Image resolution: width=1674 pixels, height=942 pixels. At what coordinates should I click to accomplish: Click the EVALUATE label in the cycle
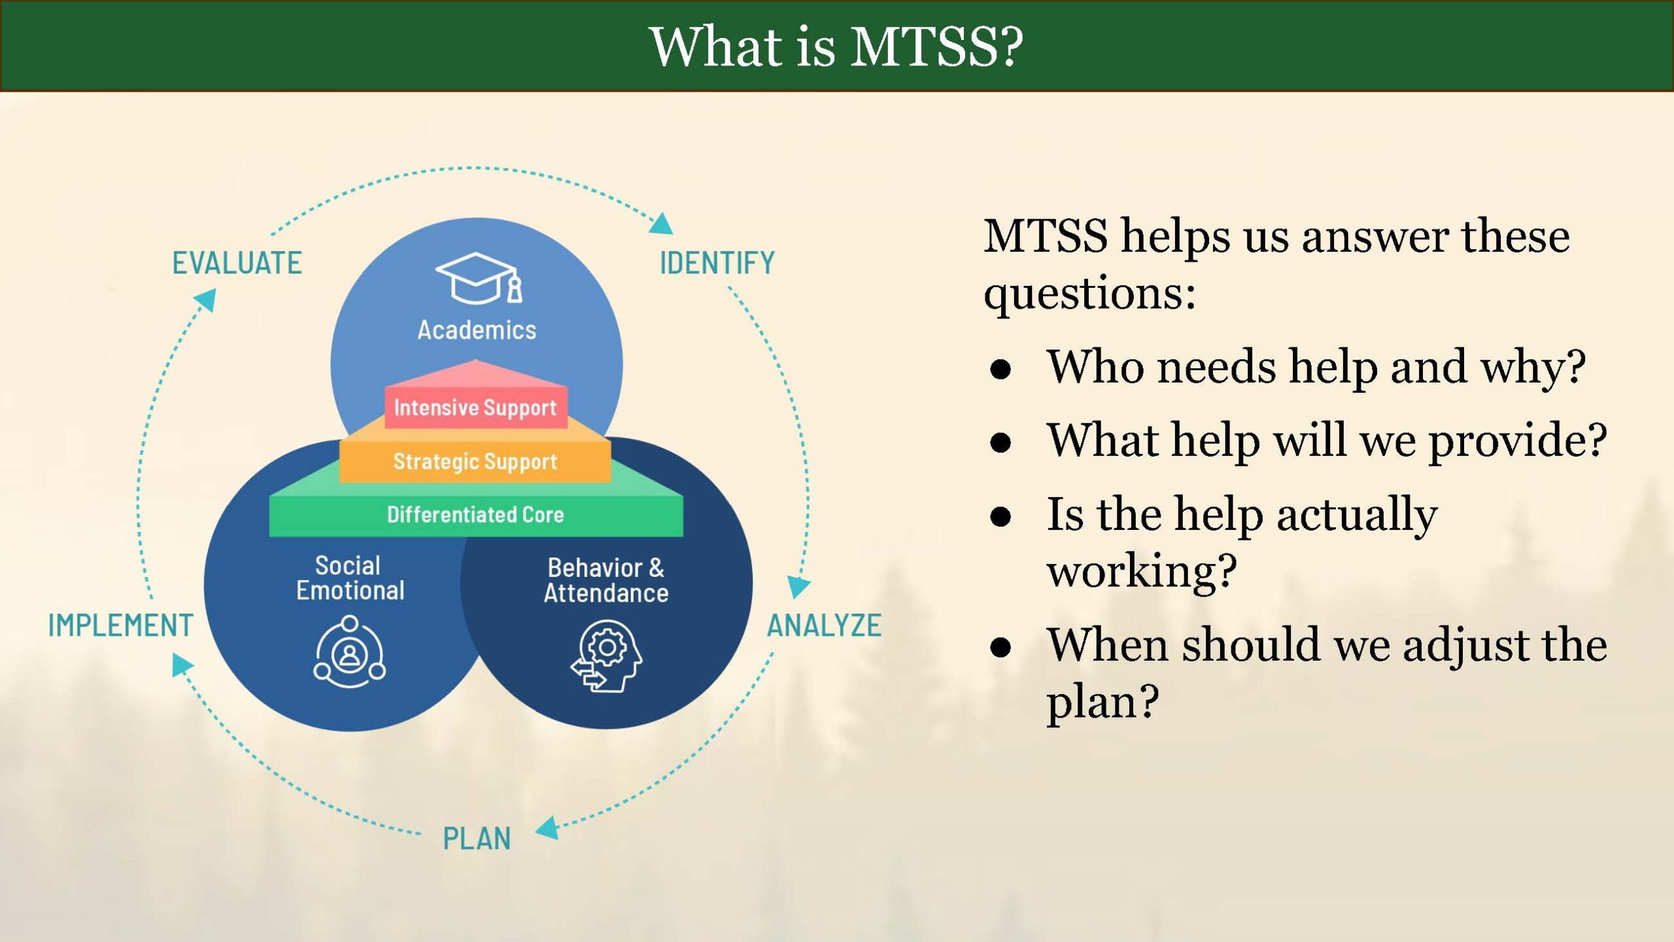(237, 263)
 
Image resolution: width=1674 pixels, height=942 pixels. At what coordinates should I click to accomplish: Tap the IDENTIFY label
(717, 263)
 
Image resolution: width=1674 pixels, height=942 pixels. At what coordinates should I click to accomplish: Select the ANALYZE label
(824, 625)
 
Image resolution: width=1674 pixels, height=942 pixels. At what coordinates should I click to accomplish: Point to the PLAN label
(477, 839)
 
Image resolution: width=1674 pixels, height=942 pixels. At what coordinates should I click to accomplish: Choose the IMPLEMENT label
(121, 625)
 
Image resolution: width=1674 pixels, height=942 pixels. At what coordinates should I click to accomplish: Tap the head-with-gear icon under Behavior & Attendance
(607, 656)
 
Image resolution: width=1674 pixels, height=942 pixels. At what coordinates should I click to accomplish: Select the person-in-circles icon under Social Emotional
(350, 652)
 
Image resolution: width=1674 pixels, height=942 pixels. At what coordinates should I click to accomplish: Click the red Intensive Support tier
(475, 408)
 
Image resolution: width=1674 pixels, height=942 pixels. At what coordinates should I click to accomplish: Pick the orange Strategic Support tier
(475, 461)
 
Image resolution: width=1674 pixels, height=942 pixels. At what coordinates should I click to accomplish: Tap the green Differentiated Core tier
(475, 515)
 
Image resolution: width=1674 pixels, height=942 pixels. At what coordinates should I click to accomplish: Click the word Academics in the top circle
(477, 330)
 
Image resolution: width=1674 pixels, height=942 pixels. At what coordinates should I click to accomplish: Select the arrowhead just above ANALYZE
(798, 585)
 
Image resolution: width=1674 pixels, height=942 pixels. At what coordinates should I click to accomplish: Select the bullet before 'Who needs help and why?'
(1000, 370)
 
